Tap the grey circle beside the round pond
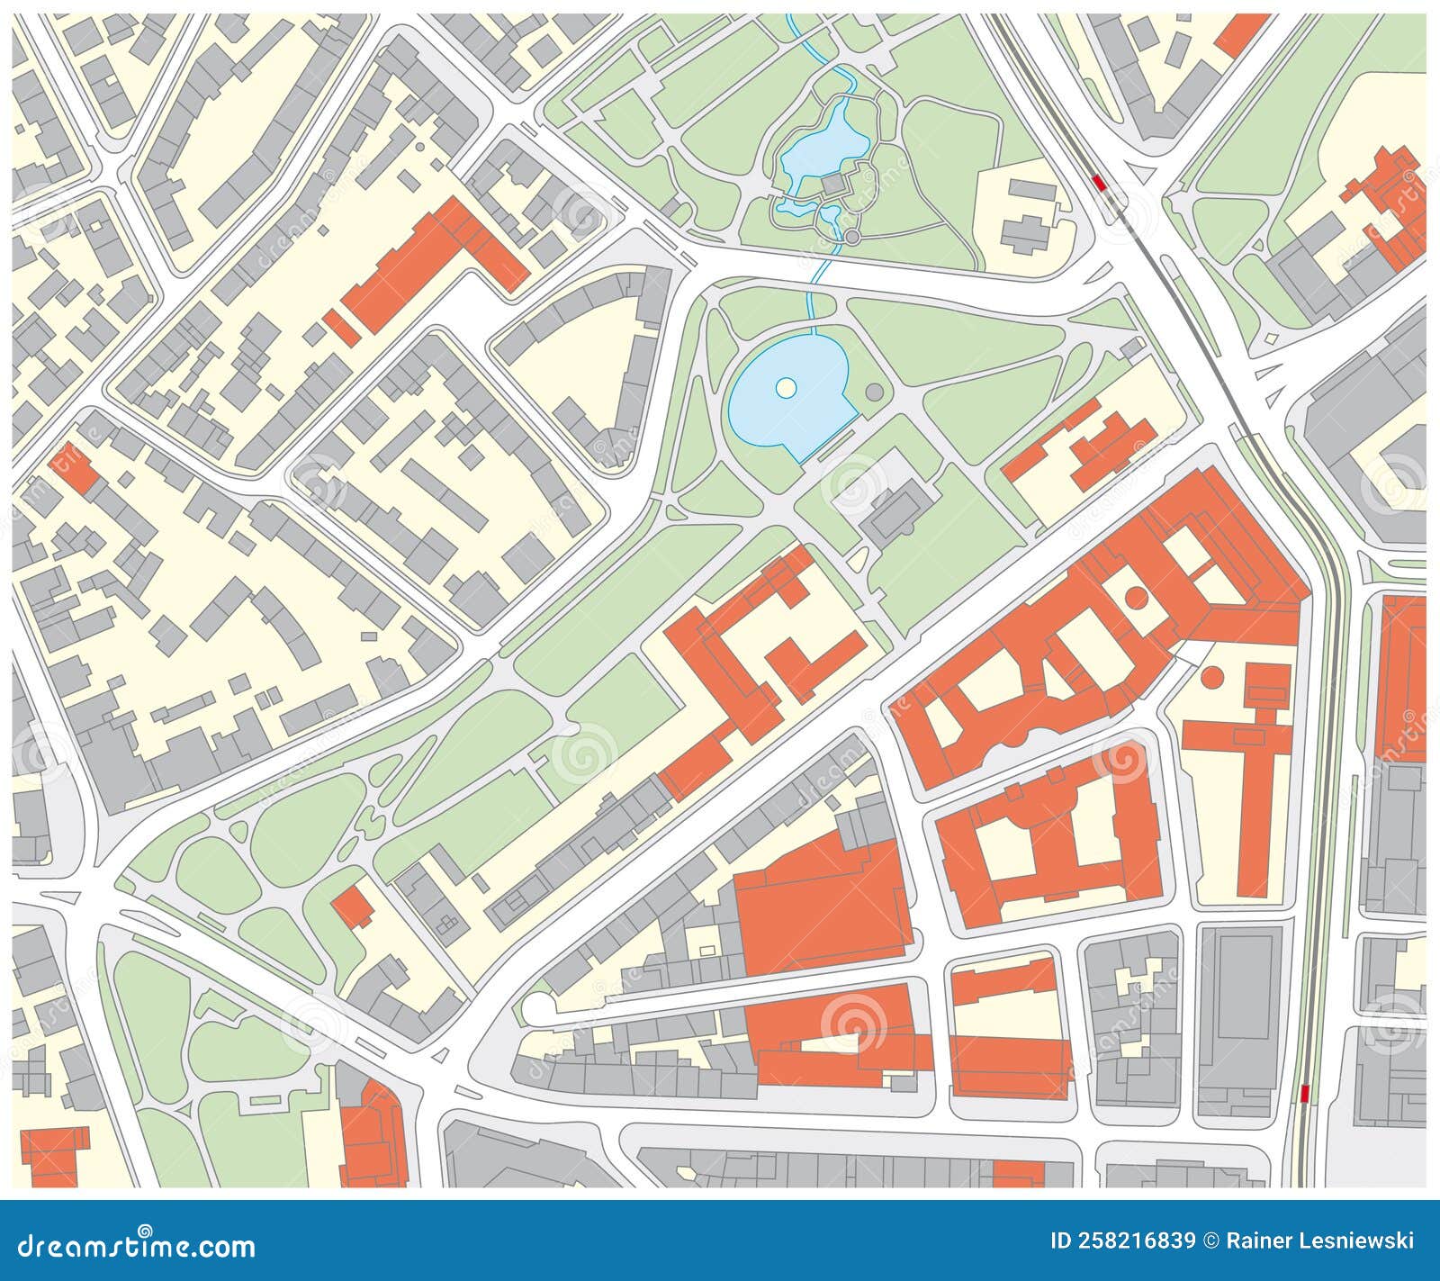tap(874, 392)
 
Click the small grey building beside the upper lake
tap(833, 185)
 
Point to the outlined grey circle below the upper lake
tap(852, 237)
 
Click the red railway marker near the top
tap(1098, 182)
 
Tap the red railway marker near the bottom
tap(1306, 1093)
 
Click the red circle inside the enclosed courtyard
tap(1137, 596)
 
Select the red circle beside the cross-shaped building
tap(1213, 675)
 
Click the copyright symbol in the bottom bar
tap(1211, 1240)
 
